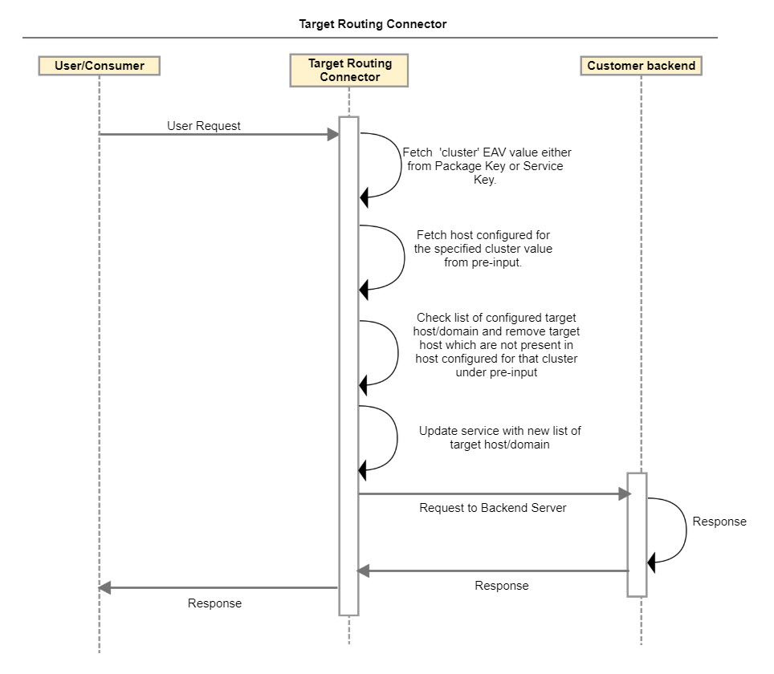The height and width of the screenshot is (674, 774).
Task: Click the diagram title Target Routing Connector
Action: [x=373, y=24]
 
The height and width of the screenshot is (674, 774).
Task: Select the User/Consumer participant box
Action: [x=99, y=66]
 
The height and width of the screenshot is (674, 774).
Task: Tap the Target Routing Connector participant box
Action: [x=349, y=71]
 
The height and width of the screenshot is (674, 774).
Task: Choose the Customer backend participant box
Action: [x=641, y=66]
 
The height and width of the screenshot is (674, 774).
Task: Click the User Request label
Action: [x=204, y=126]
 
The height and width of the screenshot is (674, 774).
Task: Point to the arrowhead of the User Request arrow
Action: [x=333, y=135]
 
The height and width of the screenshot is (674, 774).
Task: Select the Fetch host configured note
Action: [x=483, y=249]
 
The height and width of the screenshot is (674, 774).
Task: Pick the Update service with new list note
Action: [x=499, y=437]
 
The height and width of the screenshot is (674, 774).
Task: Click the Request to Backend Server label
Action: [x=493, y=508]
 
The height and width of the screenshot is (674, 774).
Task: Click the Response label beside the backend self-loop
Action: [x=719, y=522]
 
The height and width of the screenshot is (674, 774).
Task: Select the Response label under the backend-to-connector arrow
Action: [x=502, y=586]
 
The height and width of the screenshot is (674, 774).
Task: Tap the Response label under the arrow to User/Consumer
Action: [x=214, y=603]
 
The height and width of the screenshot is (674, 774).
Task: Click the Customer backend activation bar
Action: [x=637, y=534]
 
